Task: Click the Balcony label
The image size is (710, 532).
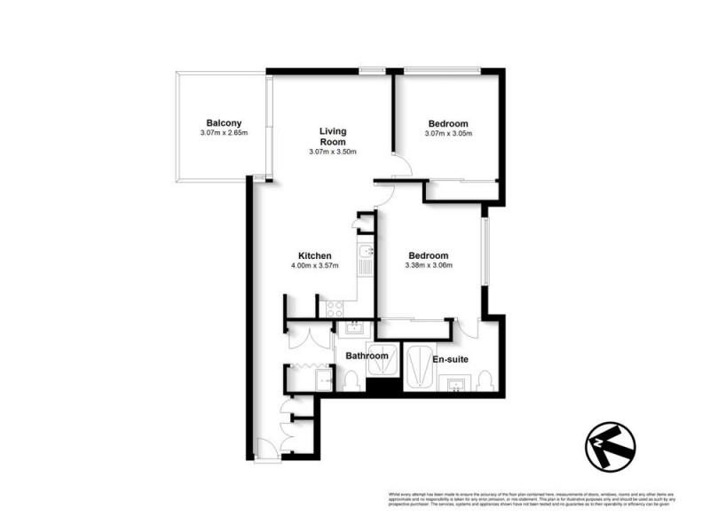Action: click(224, 123)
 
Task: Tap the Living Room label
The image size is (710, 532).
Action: click(333, 137)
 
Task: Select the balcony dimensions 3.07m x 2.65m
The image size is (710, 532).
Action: click(224, 134)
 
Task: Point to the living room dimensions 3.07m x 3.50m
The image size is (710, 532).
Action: click(333, 152)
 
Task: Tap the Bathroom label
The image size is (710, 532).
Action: click(367, 356)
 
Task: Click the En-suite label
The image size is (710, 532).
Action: click(450, 359)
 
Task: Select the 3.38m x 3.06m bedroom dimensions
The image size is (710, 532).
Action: click(429, 265)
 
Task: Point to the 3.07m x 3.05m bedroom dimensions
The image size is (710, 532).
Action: click(448, 134)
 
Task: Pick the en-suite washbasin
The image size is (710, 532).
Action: click(456, 384)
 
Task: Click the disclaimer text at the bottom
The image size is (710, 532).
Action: click(532, 498)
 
